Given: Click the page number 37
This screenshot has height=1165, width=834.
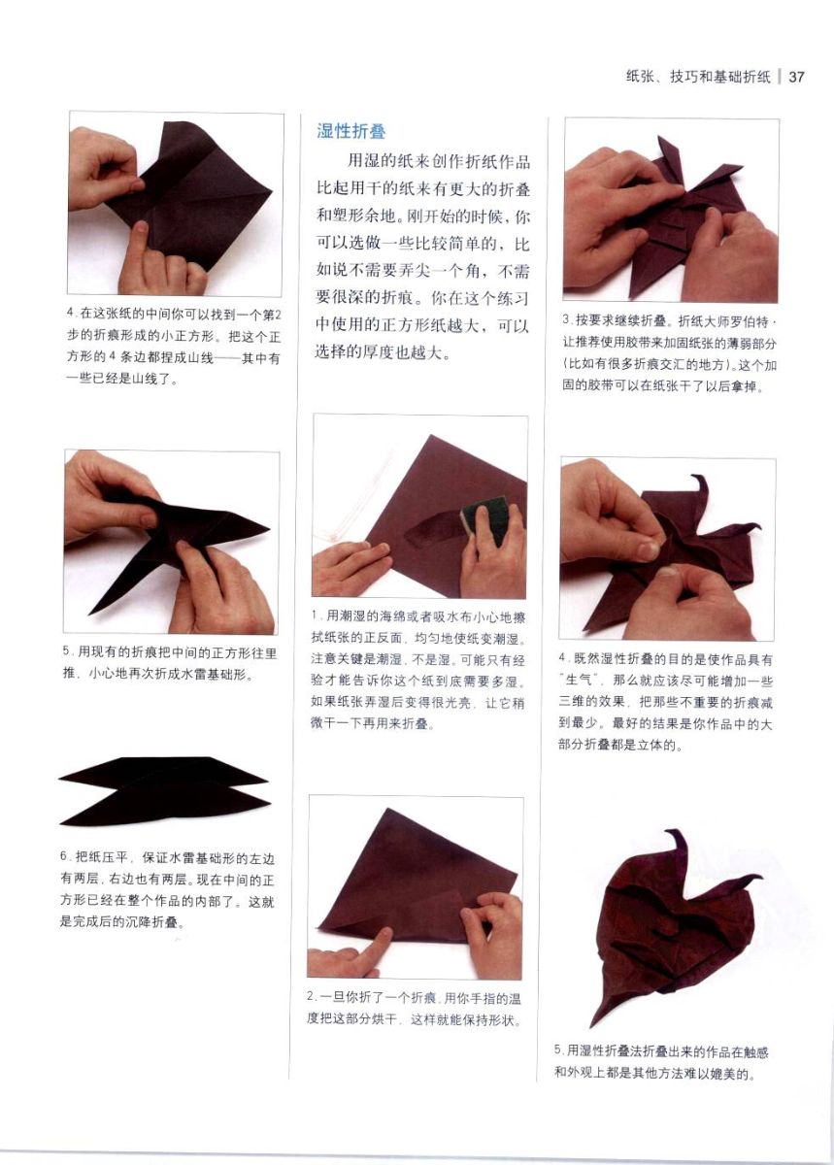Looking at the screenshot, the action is pyautogui.click(x=796, y=78).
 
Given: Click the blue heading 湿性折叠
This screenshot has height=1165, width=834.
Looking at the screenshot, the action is pyautogui.click(x=351, y=130).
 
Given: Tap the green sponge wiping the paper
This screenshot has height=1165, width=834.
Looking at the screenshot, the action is pyautogui.click(x=484, y=519).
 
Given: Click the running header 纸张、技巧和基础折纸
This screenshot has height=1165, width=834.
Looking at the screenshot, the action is pyautogui.click(x=698, y=77).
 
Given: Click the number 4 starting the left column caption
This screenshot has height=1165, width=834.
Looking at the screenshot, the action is pyautogui.click(x=71, y=314).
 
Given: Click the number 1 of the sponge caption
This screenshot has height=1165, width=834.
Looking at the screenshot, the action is pyautogui.click(x=316, y=616).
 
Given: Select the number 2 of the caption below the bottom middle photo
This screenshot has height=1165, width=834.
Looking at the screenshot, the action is pyautogui.click(x=311, y=997).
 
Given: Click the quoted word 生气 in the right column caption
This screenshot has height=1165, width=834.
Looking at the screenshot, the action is pyautogui.click(x=578, y=681).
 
